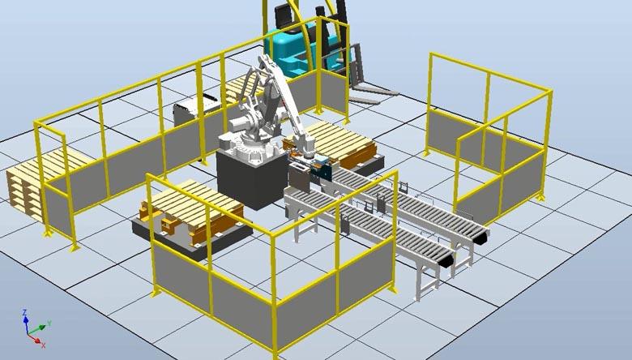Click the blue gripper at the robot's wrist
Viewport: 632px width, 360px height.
[x=316, y=169]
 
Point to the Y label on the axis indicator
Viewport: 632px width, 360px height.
[x=50, y=324]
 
